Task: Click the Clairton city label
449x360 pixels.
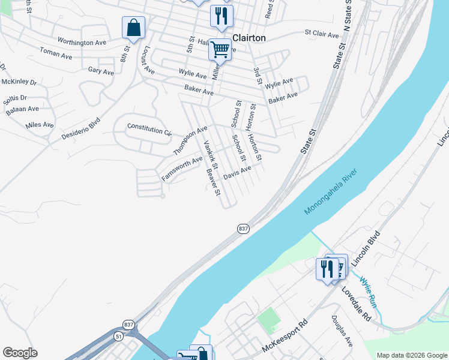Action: pos(249,37)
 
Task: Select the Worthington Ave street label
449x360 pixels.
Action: pos(82,42)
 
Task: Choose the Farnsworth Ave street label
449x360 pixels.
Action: pos(182,169)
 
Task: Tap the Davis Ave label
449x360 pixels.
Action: pos(237,173)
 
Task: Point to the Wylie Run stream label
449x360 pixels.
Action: pos(368,290)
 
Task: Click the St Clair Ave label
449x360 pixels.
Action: pos(322,34)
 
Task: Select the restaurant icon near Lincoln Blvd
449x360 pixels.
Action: pos(327,269)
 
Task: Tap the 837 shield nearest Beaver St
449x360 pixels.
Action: pos(243,229)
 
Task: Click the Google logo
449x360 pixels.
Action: pos(20,353)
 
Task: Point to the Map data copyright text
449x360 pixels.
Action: pos(411,355)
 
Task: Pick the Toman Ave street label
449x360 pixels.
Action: pos(55,55)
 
